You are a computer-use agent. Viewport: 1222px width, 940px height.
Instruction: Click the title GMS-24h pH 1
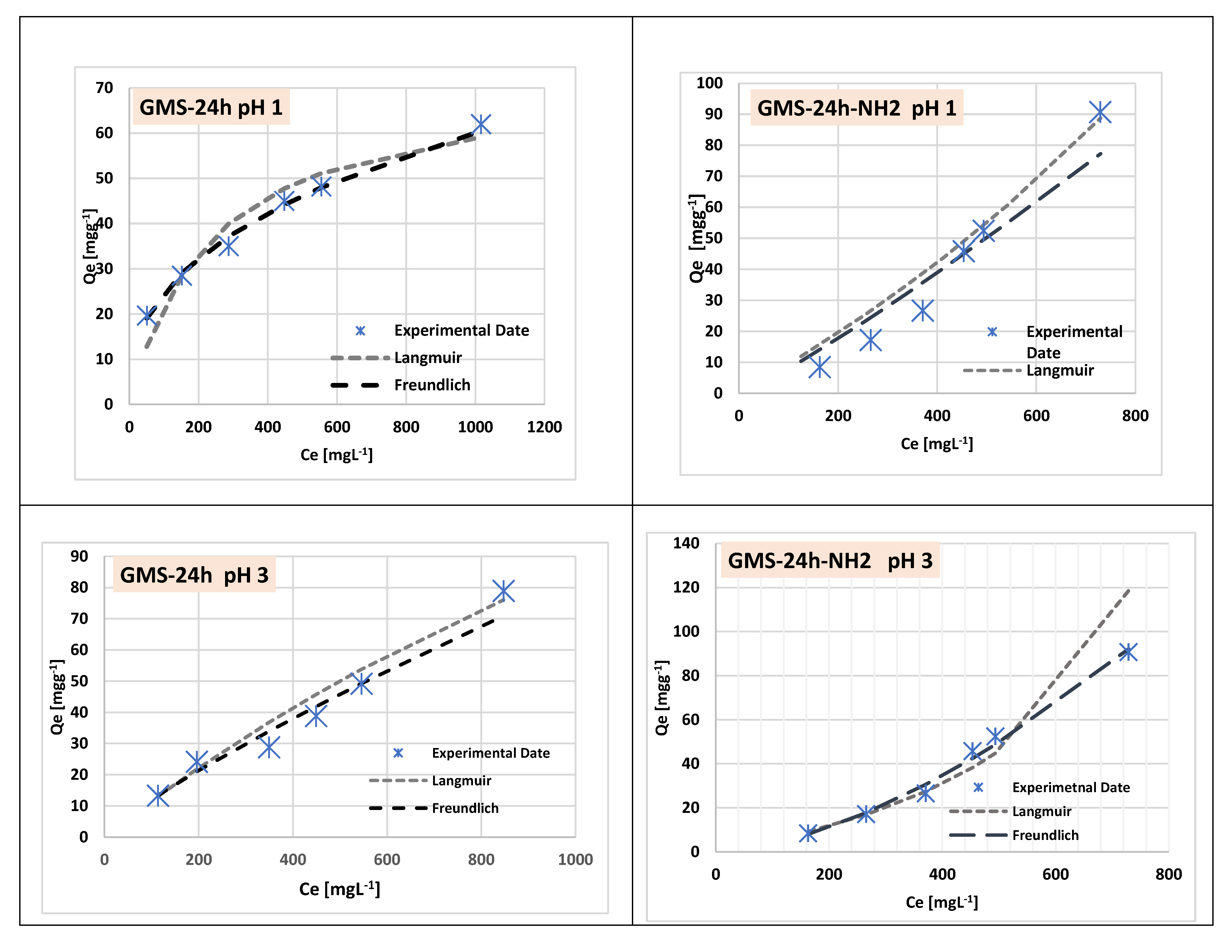tap(211, 107)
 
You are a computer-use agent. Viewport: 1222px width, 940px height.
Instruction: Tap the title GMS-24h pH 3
tap(194, 575)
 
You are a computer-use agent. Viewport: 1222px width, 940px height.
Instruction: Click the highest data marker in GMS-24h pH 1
tap(481, 124)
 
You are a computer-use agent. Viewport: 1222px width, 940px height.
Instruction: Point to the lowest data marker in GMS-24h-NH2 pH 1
tap(820, 368)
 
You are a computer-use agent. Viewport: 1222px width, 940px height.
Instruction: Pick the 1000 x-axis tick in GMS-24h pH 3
tap(575, 859)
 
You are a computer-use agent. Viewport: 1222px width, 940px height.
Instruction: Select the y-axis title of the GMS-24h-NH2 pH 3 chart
tap(662, 698)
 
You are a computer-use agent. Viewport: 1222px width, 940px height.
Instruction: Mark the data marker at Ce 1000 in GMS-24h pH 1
tap(481, 124)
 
